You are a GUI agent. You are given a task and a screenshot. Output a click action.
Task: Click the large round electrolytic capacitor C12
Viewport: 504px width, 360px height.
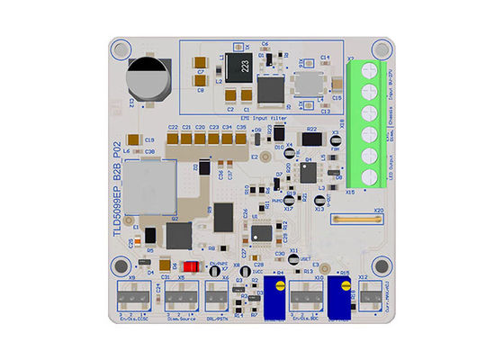pos(145,78)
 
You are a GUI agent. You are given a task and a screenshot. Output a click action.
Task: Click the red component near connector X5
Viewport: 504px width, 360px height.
pos(191,266)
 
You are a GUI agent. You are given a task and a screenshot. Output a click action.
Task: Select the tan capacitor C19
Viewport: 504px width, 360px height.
pos(134,139)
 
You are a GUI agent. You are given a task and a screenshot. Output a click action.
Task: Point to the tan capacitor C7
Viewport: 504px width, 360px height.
pos(201,70)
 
